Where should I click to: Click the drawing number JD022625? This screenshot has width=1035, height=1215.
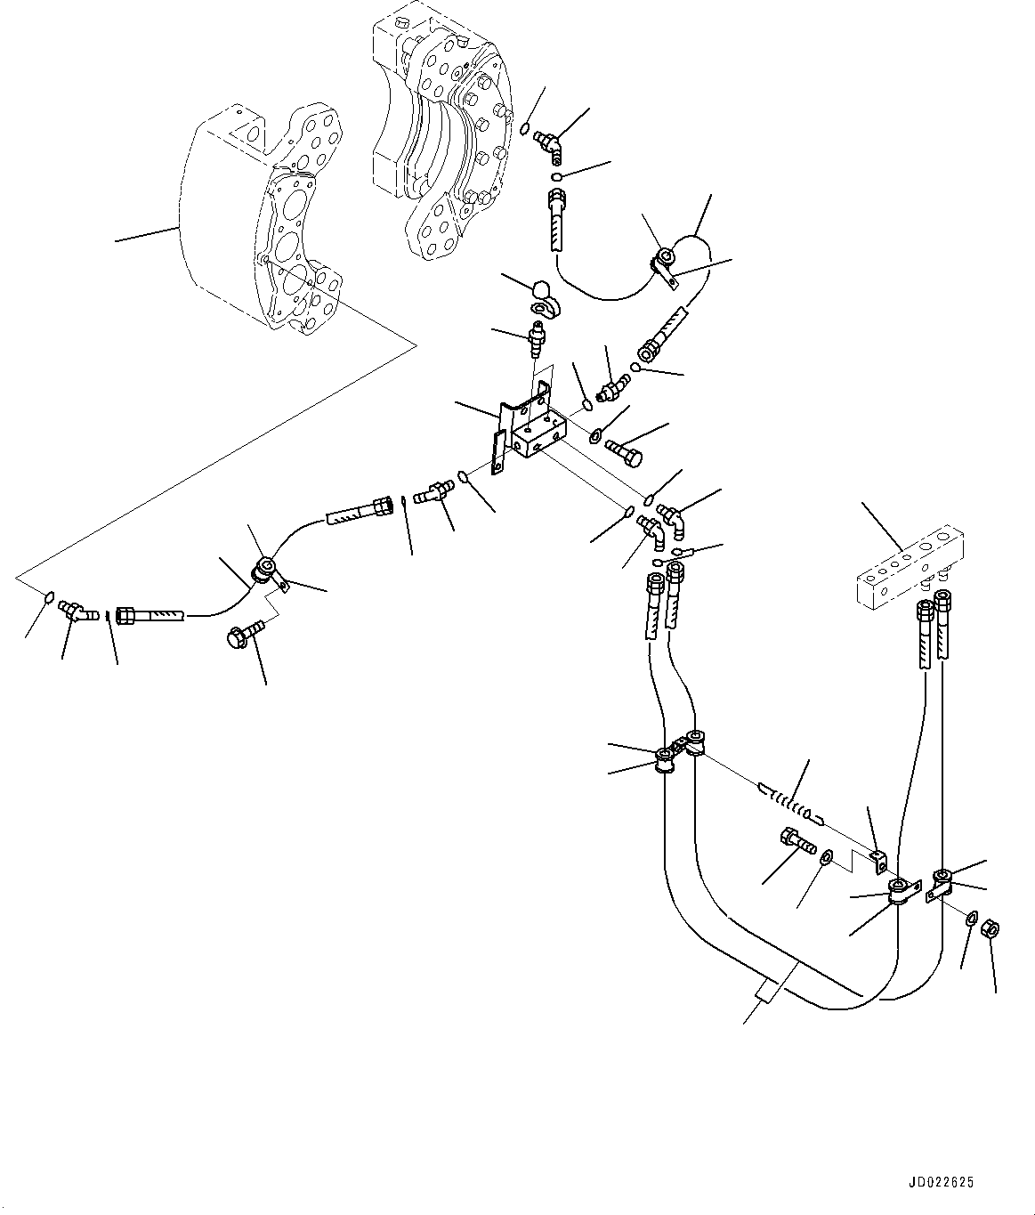[x=942, y=1183]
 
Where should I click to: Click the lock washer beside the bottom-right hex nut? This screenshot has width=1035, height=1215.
[x=972, y=918]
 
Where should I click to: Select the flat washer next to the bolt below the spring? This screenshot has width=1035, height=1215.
[x=827, y=857]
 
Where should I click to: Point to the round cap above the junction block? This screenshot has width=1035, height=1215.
[x=542, y=290]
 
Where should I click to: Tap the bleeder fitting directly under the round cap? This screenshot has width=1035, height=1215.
[x=537, y=338]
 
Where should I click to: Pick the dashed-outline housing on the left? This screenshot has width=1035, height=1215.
[x=258, y=223]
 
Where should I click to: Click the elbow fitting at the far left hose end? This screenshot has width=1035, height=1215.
[x=76, y=611]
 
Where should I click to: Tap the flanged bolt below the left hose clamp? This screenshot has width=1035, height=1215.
[x=244, y=634]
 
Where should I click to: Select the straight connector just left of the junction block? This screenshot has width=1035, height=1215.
[x=435, y=490]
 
